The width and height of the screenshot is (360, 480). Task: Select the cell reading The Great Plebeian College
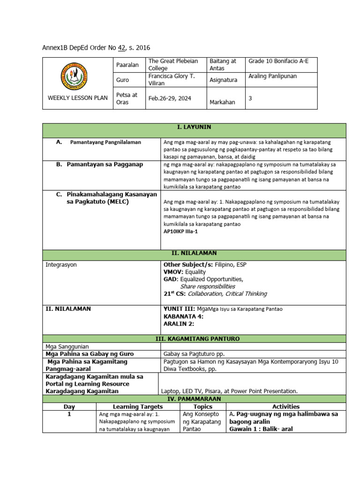(173, 65)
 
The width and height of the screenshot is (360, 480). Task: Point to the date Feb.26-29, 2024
(168, 98)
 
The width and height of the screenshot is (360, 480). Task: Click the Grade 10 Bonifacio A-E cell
(275, 61)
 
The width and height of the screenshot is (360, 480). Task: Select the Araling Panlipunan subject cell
(272, 76)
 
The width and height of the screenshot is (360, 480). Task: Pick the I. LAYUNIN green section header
(194, 127)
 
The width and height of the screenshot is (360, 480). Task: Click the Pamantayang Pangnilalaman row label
(105, 142)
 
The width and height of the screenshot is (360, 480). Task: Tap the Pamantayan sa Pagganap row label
(105, 165)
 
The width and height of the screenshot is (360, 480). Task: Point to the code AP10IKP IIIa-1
(180, 232)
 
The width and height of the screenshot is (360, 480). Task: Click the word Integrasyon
(61, 265)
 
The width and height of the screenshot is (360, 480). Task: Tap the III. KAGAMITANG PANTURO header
(194, 338)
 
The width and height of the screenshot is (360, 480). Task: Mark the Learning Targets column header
(137, 406)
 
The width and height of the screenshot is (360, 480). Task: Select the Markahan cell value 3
(250, 98)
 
